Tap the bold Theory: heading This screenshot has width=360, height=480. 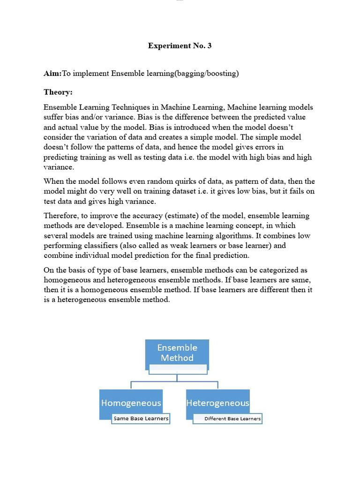click(x=58, y=92)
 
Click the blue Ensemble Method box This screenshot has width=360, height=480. click(x=177, y=352)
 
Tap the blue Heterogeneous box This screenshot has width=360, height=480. click(x=217, y=403)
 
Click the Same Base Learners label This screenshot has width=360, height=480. click(x=141, y=418)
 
